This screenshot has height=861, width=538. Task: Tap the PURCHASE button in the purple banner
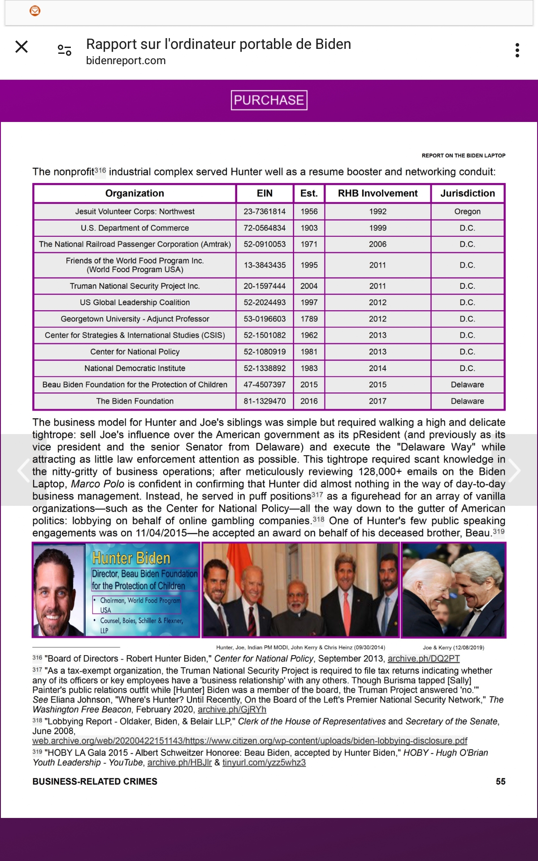[x=269, y=100]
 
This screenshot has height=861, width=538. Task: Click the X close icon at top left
[x=22, y=47]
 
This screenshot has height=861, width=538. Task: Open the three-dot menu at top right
[x=517, y=50]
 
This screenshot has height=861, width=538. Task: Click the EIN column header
[x=265, y=193]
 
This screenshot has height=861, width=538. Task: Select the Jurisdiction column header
[x=467, y=193]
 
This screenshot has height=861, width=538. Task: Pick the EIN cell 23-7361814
[x=265, y=212]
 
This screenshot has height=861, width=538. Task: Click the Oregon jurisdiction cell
[x=467, y=212]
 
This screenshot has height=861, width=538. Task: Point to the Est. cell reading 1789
[x=309, y=319]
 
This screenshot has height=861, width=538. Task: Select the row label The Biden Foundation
[x=134, y=401]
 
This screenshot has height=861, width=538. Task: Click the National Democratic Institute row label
[x=134, y=368]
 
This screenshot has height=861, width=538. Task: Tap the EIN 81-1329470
[x=265, y=401]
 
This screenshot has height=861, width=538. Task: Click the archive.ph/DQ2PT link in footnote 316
[x=424, y=659]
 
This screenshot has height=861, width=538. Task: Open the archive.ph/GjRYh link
[x=232, y=709]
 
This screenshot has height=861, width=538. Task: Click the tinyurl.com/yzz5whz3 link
[x=264, y=763]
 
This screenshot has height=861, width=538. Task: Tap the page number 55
[x=500, y=782]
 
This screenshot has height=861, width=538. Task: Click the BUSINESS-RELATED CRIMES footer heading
[x=95, y=782]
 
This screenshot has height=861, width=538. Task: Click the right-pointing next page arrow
[x=514, y=470]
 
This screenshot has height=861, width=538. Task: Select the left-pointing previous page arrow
[x=23, y=470]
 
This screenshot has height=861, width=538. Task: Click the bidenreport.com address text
[x=126, y=61]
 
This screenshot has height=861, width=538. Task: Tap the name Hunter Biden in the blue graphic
[x=131, y=558]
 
